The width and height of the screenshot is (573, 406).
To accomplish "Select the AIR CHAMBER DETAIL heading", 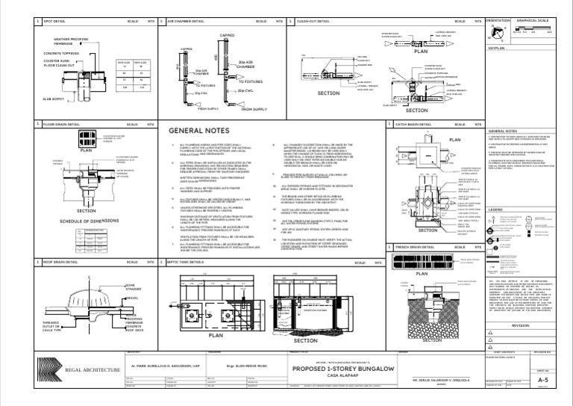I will pyautogui.click(x=185, y=22).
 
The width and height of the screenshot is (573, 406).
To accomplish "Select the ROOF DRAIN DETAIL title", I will pyautogui.click(x=60, y=263).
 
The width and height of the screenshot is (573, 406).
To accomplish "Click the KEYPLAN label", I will pyautogui.click(x=497, y=48).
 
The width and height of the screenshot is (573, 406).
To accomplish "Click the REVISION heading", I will pyautogui.click(x=520, y=326).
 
